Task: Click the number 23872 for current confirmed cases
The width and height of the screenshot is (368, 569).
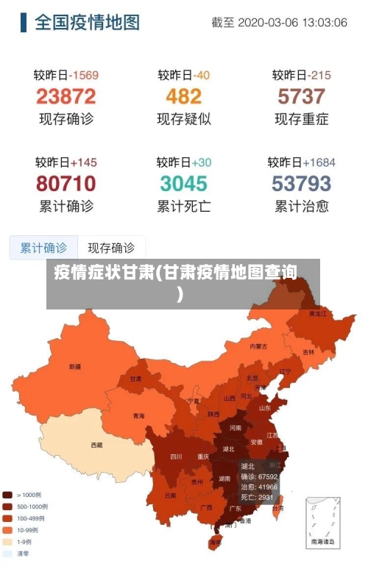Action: [x=66, y=96]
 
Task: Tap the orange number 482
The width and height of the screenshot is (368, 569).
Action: [x=183, y=96]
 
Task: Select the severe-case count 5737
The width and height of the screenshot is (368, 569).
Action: [x=301, y=96]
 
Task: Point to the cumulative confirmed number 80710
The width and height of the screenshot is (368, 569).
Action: [x=66, y=183]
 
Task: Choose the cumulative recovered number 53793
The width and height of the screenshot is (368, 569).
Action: [x=301, y=183]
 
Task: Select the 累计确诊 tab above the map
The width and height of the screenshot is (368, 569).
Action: [x=43, y=248]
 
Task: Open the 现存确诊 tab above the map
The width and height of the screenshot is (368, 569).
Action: [x=111, y=248]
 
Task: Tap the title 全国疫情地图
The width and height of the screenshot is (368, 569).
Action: [x=87, y=22]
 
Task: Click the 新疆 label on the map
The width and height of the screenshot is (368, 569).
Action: [x=75, y=366]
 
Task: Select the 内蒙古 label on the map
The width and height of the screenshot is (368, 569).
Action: [x=258, y=346]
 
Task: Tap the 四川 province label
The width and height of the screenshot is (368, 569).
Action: [x=176, y=457]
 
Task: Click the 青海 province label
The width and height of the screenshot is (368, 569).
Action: [x=138, y=416]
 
